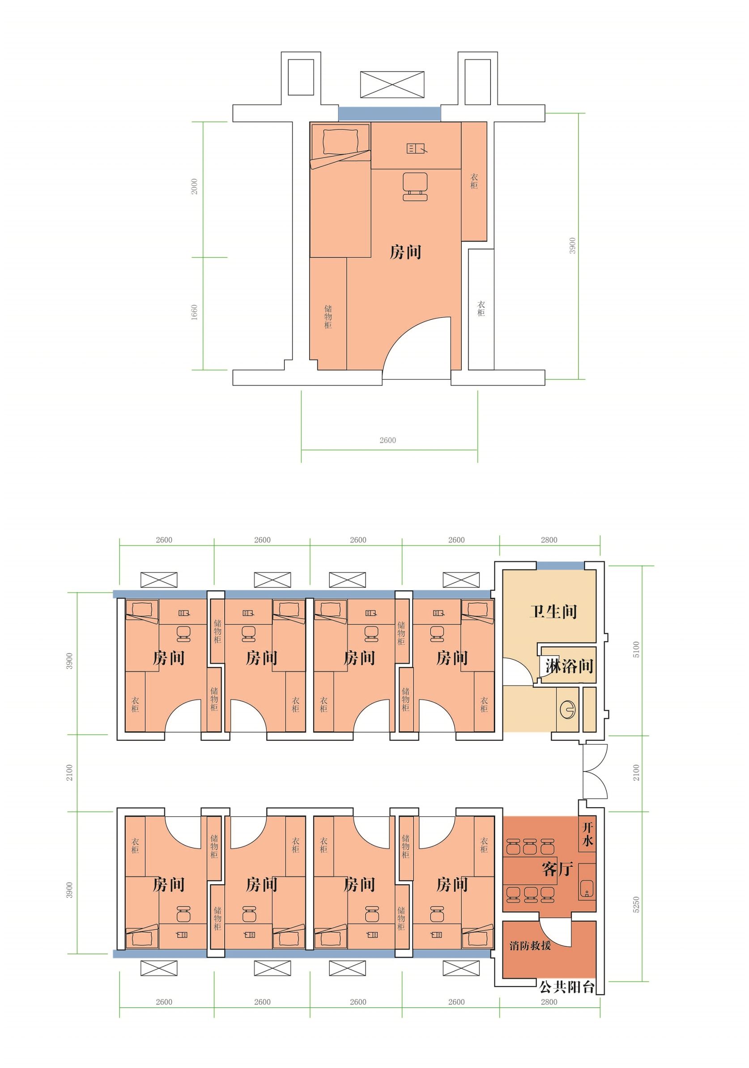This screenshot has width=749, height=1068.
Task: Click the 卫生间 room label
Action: (553, 612)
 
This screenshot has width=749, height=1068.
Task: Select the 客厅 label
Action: (557, 869)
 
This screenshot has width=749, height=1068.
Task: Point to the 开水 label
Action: (588, 835)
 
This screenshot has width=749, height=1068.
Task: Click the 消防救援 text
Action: (530, 945)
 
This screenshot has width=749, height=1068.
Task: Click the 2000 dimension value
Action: (195, 186)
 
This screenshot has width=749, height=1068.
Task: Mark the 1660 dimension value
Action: (195, 312)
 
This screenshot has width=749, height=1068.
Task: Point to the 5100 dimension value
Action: (636, 649)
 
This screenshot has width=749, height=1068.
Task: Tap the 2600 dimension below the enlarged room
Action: (387, 440)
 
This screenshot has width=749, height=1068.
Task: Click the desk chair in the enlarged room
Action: (415, 186)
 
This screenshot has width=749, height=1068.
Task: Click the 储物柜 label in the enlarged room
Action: (328, 317)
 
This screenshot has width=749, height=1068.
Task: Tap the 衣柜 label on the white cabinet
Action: (481, 309)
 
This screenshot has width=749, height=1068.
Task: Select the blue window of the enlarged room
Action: (389, 114)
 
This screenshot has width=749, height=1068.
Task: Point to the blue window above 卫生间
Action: (561, 565)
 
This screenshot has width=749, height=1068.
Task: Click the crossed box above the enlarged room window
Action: (393, 85)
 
